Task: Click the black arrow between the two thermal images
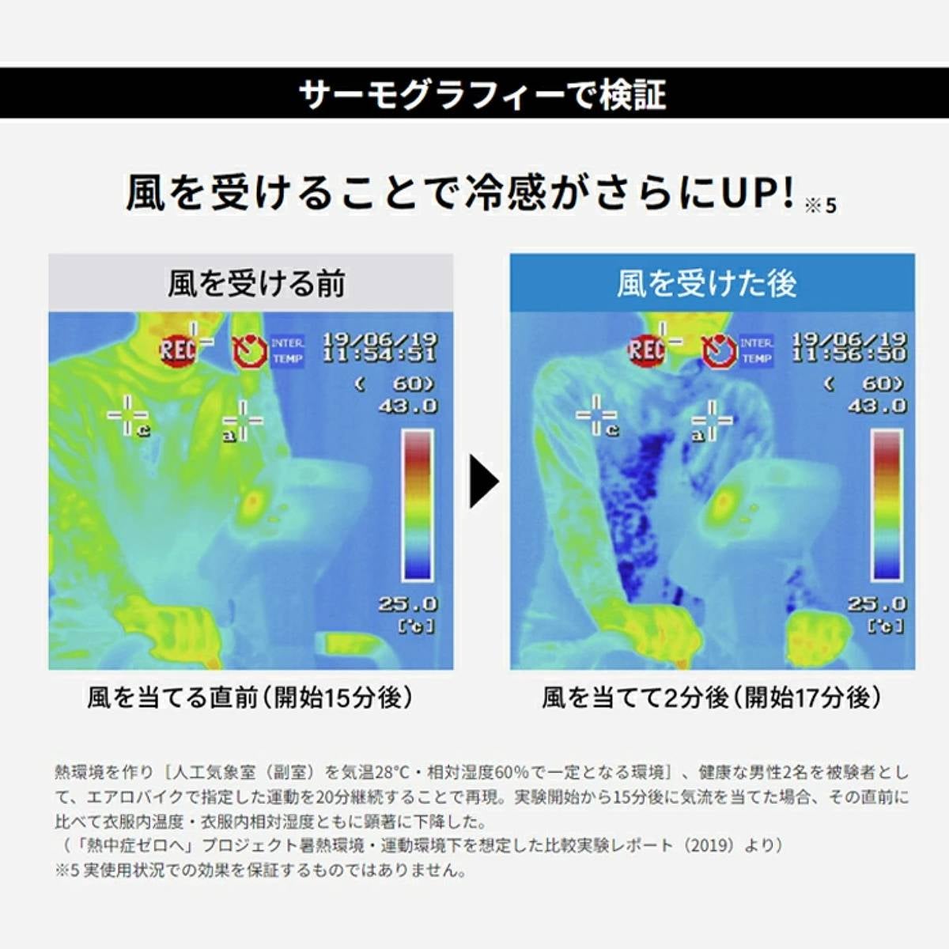coord(485,481)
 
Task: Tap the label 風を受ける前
coord(256,284)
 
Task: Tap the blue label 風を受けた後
coord(707,284)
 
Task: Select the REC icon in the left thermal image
coord(177,350)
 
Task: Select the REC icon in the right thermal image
coord(646,350)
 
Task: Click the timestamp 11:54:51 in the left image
coord(380,354)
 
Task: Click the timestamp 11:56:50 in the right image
coord(849,354)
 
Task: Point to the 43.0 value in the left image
coord(408,406)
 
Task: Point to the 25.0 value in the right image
coord(877,603)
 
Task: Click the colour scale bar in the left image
coord(418,505)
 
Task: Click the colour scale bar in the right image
coord(887,505)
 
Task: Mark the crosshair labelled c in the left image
coord(127,416)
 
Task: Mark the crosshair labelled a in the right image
coord(712,420)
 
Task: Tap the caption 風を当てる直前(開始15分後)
coord(250,698)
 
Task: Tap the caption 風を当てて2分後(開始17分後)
coord(711,698)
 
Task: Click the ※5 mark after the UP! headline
coord(820,206)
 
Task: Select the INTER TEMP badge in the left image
coord(287,351)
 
